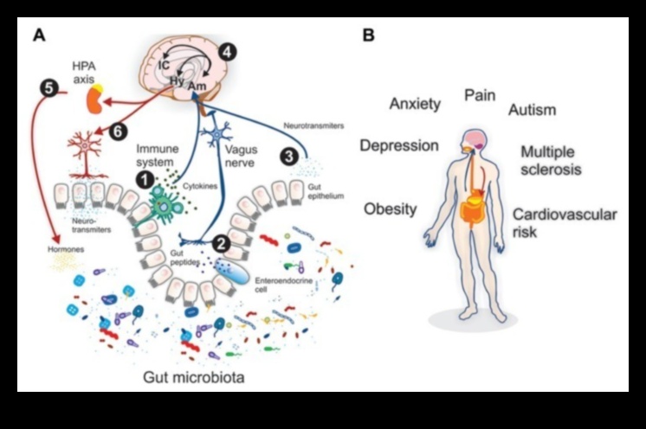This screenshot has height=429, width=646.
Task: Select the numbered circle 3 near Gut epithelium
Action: (x=288, y=157)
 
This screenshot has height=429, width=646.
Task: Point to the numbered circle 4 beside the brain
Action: (x=227, y=51)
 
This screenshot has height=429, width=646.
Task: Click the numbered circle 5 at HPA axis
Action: (x=48, y=86)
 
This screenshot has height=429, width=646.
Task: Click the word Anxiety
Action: (x=415, y=104)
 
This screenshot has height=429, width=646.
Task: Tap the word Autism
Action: (x=532, y=110)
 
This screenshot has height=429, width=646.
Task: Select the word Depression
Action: (x=398, y=145)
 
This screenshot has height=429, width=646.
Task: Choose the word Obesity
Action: (x=391, y=208)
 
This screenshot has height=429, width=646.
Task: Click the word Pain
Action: (x=480, y=95)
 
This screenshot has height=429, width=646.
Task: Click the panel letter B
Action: (x=369, y=35)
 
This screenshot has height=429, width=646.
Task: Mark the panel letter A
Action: (x=37, y=35)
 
